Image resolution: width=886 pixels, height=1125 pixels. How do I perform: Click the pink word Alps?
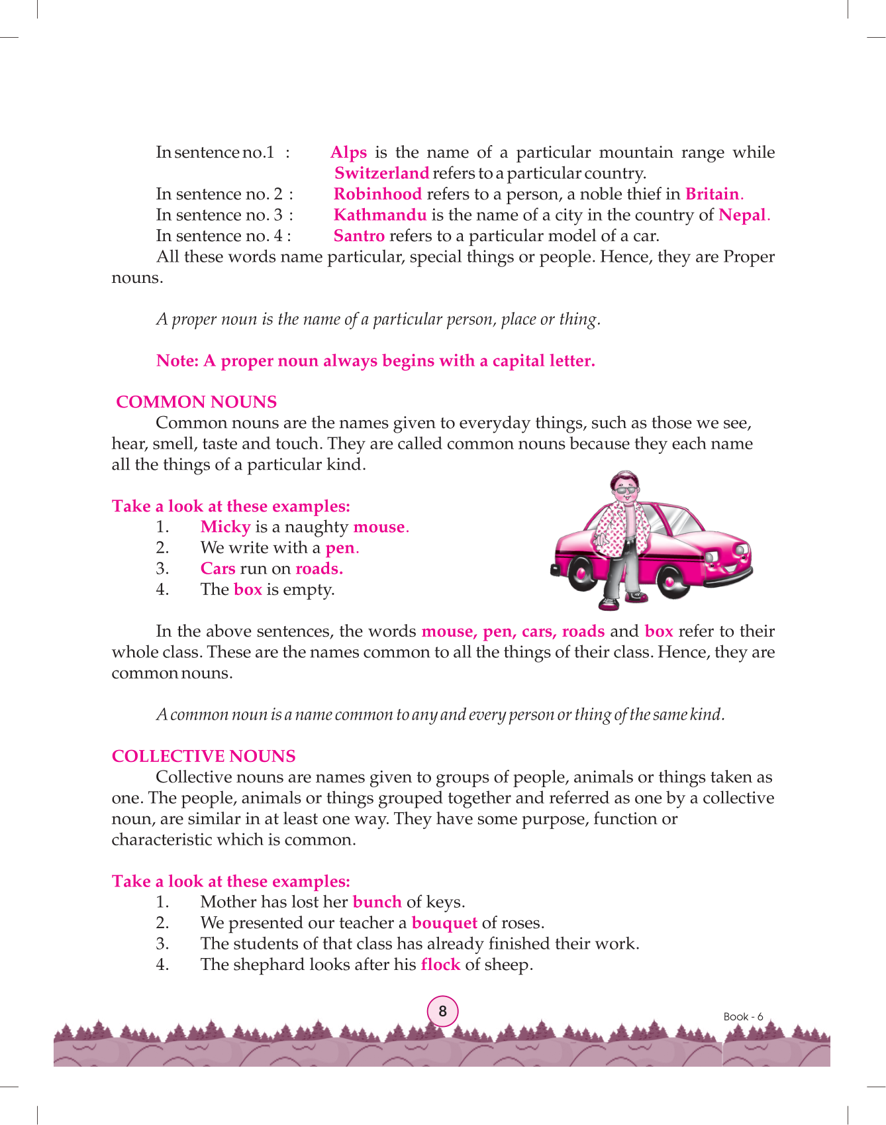tap(348, 153)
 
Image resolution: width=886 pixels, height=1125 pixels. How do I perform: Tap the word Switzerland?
tap(381, 174)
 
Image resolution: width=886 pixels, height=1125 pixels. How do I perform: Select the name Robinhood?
tap(377, 194)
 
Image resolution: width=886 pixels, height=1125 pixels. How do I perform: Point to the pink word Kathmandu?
tap(380, 215)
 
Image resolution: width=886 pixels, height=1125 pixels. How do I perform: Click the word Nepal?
tap(742, 215)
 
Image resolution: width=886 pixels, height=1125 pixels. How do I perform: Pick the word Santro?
tap(359, 236)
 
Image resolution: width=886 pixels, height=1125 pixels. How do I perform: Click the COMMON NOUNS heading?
tap(196, 402)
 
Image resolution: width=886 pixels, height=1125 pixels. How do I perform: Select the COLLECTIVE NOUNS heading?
tap(203, 757)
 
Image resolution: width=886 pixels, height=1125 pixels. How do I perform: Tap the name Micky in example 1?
tap(225, 527)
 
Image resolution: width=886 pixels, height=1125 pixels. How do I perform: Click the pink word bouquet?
tap(444, 923)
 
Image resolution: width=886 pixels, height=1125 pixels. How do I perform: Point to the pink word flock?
tap(440, 965)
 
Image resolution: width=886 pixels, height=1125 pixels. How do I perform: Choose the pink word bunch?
tap(377, 902)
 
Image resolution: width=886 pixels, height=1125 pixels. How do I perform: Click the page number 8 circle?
tap(442, 1012)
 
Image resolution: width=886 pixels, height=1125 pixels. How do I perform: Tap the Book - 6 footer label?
tap(743, 1017)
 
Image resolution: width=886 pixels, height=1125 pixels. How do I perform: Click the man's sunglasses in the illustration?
tap(626, 491)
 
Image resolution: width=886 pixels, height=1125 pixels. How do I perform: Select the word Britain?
tap(712, 194)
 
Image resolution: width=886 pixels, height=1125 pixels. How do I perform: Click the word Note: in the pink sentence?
tap(177, 361)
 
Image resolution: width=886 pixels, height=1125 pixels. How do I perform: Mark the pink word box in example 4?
tap(248, 590)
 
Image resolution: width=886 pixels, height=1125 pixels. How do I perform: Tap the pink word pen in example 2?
tap(340, 548)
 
